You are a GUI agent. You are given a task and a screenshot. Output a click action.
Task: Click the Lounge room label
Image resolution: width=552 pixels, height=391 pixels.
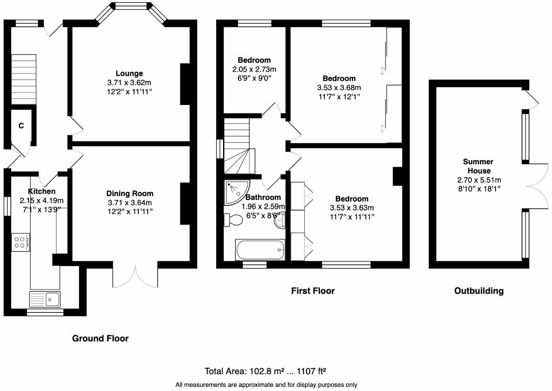(x=129, y=73)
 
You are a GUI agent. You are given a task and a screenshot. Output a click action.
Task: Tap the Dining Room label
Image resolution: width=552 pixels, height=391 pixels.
(x=130, y=193)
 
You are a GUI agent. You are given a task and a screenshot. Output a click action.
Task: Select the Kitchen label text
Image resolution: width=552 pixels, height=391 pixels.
(x=42, y=191)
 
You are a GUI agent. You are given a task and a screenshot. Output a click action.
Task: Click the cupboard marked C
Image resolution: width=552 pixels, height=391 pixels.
(x=21, y=126)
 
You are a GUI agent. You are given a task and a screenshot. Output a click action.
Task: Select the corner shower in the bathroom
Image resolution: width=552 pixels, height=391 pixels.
(x=236, y=191)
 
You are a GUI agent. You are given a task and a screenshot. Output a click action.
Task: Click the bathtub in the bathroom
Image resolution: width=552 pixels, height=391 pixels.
(x=260, y=250)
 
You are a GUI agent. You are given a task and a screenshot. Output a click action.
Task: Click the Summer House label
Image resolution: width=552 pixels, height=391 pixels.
(x=478, y=166)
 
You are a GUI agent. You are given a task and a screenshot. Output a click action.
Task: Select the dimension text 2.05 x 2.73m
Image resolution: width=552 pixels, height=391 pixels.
(x=254, y=69)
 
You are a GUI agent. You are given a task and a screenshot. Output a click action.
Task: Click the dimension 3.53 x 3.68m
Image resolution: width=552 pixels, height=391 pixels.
(x=339, y=87)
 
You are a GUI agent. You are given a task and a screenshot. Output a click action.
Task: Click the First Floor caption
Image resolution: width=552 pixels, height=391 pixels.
(x=313, y=291)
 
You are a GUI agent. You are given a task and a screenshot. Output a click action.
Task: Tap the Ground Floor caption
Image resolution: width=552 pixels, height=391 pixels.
(x=100, y=338)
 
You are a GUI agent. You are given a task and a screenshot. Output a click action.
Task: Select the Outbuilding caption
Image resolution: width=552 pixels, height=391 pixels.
(x=479, y=291)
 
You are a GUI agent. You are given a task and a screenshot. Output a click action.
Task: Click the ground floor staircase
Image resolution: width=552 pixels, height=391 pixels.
(x=24, y=80)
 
